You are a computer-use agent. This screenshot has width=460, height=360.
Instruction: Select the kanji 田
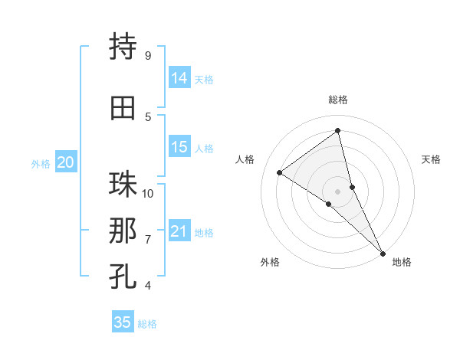123,108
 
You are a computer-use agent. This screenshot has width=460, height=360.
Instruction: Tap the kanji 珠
123,185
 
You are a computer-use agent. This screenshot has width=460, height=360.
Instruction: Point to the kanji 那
123,231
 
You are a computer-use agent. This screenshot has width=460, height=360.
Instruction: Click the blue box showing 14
179,78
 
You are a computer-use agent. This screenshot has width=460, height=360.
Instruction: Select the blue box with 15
179,147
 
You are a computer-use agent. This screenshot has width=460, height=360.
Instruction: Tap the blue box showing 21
179,231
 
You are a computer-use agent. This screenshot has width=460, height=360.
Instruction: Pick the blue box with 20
66,162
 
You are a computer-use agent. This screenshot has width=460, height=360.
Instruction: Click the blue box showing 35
123,322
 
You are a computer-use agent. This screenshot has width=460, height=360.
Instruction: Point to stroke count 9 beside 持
148,56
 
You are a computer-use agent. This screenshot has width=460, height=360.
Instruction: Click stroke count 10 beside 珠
148,193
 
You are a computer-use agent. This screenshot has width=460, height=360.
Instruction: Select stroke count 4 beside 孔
148,286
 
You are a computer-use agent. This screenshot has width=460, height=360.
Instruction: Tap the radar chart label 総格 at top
338,100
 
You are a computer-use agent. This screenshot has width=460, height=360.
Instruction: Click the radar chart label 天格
432,159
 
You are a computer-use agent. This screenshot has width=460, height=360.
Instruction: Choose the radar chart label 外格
270,262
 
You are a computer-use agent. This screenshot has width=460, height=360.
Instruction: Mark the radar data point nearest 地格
383,252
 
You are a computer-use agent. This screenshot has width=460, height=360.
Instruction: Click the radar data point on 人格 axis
280,172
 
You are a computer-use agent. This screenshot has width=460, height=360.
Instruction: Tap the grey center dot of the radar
338,191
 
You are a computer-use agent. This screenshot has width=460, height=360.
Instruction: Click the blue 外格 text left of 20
41,163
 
